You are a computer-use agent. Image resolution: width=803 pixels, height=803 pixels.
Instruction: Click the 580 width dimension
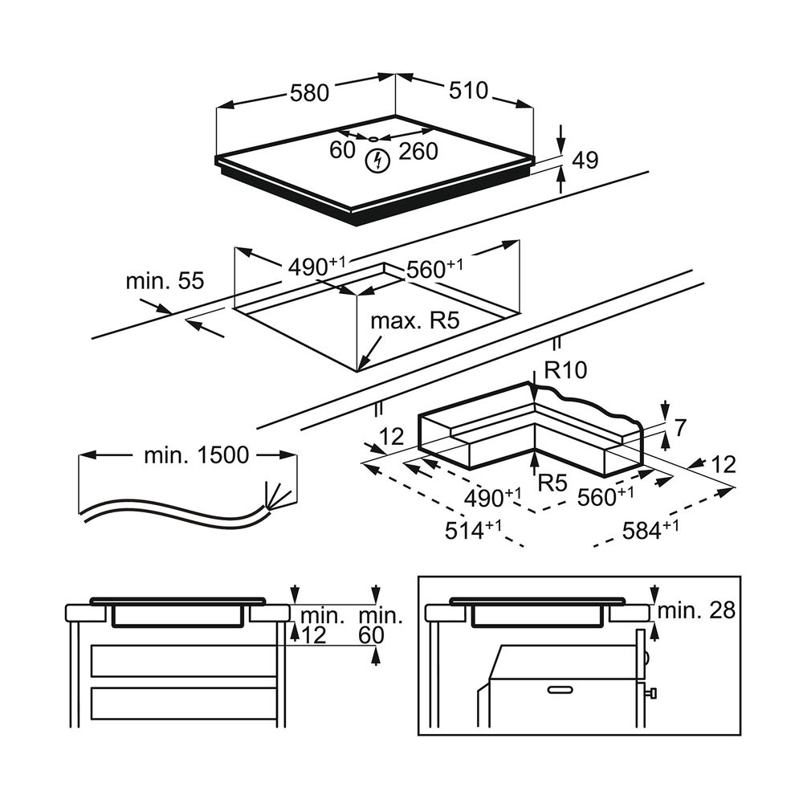coord(309,93)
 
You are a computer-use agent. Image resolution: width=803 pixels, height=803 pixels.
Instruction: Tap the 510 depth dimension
coord(468,91)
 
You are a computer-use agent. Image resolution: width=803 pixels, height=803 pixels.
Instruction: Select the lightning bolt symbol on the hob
coord(376,161)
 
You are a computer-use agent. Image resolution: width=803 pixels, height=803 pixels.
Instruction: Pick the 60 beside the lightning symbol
coord(342,150)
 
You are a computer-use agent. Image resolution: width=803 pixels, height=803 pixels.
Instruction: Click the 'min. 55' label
coord(165,281)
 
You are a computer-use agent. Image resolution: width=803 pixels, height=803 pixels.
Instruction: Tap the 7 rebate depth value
coord(679,428)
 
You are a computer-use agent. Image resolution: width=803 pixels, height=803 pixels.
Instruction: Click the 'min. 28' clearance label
coord(695,610)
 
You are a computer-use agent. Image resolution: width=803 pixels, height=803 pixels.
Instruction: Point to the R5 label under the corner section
coord(552,483)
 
